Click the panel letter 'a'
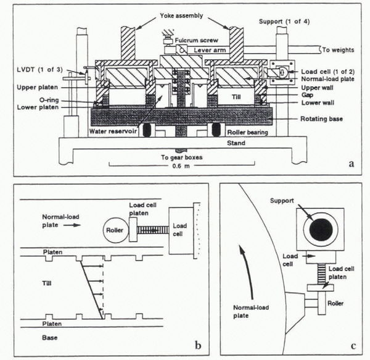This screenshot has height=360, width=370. (x=351, y=164)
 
